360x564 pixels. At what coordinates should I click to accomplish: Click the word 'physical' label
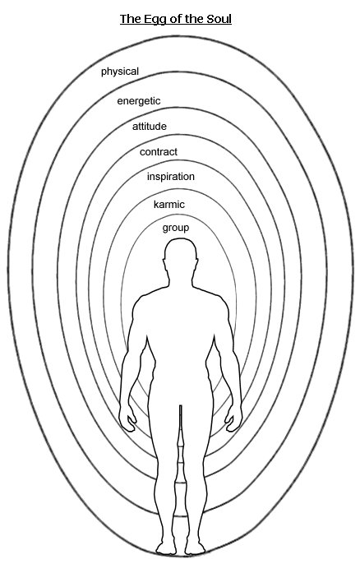(x=120, y=72)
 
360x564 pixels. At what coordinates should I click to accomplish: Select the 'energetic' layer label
(x=139, y=101)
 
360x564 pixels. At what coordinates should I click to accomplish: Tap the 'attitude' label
(x=150, y=127)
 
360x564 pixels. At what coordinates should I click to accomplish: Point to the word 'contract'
(x=159, y=152)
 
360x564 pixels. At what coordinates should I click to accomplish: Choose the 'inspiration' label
(x=171, y=177)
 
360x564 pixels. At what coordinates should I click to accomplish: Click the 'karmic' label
(x=169, y=204)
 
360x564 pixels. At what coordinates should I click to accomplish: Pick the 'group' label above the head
(x=176, y=228)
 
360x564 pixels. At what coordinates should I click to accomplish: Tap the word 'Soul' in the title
(x=219, y=19)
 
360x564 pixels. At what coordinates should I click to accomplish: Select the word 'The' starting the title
(x=131, y=19)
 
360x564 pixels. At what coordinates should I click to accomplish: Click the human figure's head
(x=181, y=251)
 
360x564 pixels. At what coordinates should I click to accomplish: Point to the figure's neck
(x=181, y=276)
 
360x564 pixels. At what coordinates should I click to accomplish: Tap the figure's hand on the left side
(x=127, y=418)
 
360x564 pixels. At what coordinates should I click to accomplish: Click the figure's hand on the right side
(x=233, y=418)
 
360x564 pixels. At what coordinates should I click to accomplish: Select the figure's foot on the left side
(x=166, y=546)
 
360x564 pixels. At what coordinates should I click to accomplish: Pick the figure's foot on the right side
(x=196, y=546)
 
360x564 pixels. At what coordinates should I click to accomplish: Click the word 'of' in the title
(x=175, y=19)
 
